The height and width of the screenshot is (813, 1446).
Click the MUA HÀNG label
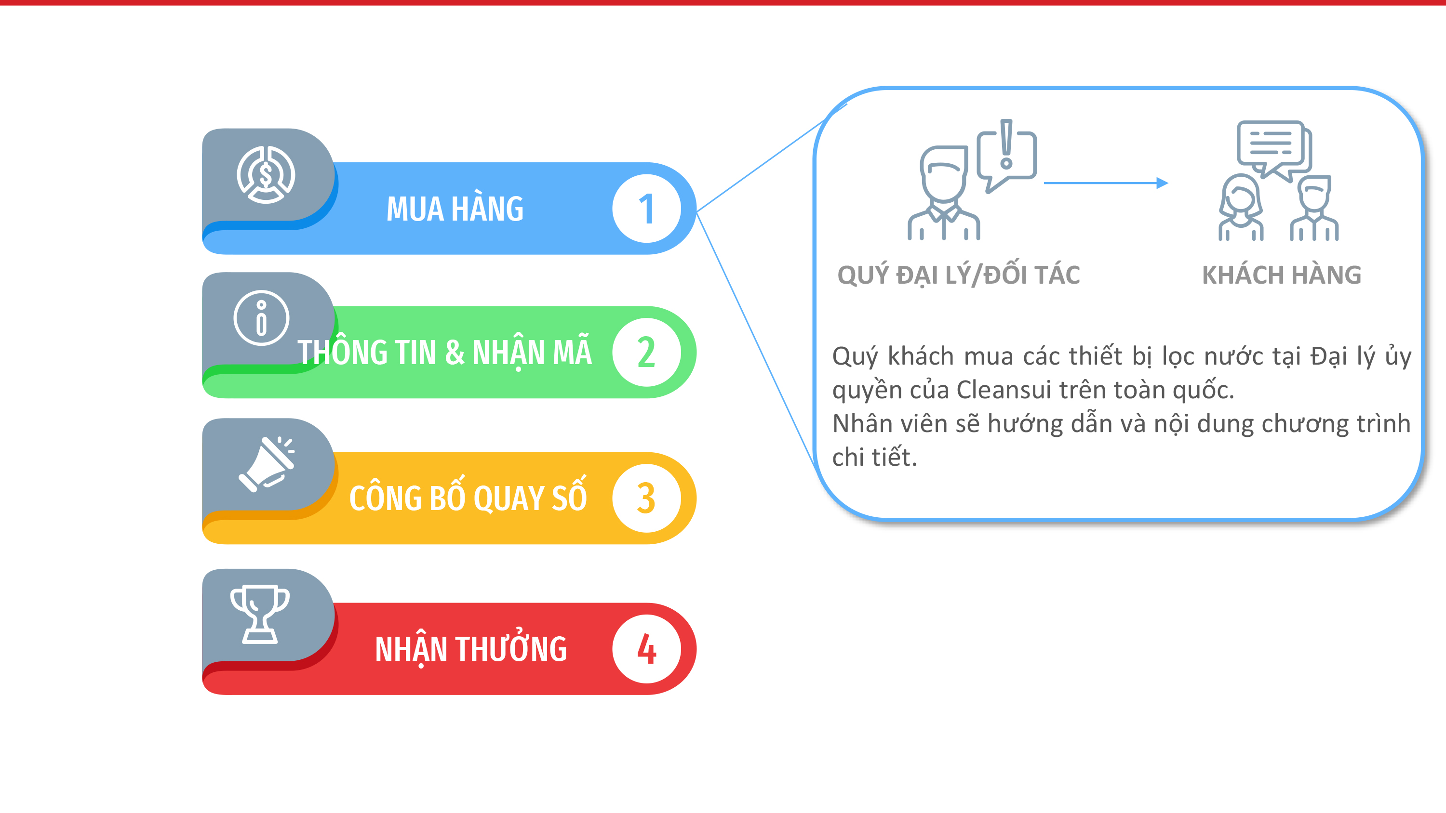tap(455, 209)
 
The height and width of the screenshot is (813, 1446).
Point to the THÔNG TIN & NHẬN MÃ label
tap(444, 353)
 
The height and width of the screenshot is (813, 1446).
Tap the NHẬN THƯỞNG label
tap(470, 649)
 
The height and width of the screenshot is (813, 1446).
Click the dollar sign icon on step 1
tap(266, 174)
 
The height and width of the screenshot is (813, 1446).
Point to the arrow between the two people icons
tap(1106, 183)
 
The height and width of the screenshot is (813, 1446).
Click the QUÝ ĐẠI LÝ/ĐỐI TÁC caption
tap(958, 275)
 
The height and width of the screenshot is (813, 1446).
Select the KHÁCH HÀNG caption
tap(1282, 275)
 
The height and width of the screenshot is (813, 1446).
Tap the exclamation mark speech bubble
tap(1007, 154)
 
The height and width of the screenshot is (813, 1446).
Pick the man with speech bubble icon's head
tap(944, 173)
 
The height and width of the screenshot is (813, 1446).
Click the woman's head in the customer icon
tap(1241, 196)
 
